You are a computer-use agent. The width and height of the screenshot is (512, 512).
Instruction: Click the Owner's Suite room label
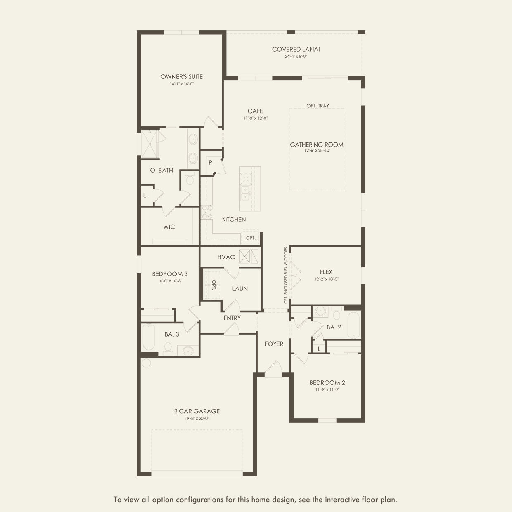(182, 77)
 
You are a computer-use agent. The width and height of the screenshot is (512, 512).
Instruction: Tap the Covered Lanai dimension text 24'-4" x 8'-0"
(296, 56)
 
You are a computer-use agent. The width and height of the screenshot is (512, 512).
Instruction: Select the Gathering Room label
(316, 145)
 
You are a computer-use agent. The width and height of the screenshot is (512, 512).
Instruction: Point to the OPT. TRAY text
(318, 106)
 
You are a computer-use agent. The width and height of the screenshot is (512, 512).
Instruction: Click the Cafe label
(255, 111)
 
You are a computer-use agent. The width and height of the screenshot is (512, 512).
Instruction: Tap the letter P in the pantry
(210, 162)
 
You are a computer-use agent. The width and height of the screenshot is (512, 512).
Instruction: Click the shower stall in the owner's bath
(149, 144)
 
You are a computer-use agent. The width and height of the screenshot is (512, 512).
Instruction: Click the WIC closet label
(169, 227)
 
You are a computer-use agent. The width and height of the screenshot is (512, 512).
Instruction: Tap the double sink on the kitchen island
(245, 193)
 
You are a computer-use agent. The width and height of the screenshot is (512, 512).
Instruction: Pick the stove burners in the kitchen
(207, 212)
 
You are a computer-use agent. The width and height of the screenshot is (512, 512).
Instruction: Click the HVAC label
(226, 257)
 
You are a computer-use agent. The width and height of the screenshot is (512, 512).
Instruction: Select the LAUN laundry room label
(240, 289)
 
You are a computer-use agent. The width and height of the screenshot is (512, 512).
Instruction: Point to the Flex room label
(326, 272)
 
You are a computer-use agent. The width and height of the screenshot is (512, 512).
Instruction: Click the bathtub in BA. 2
(353, 325)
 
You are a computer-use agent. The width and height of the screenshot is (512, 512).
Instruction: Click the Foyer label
(274, 344)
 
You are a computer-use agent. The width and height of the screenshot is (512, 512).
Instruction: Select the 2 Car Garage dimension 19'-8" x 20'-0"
(197, 418)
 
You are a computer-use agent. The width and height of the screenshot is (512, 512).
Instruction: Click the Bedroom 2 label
(327, 383)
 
